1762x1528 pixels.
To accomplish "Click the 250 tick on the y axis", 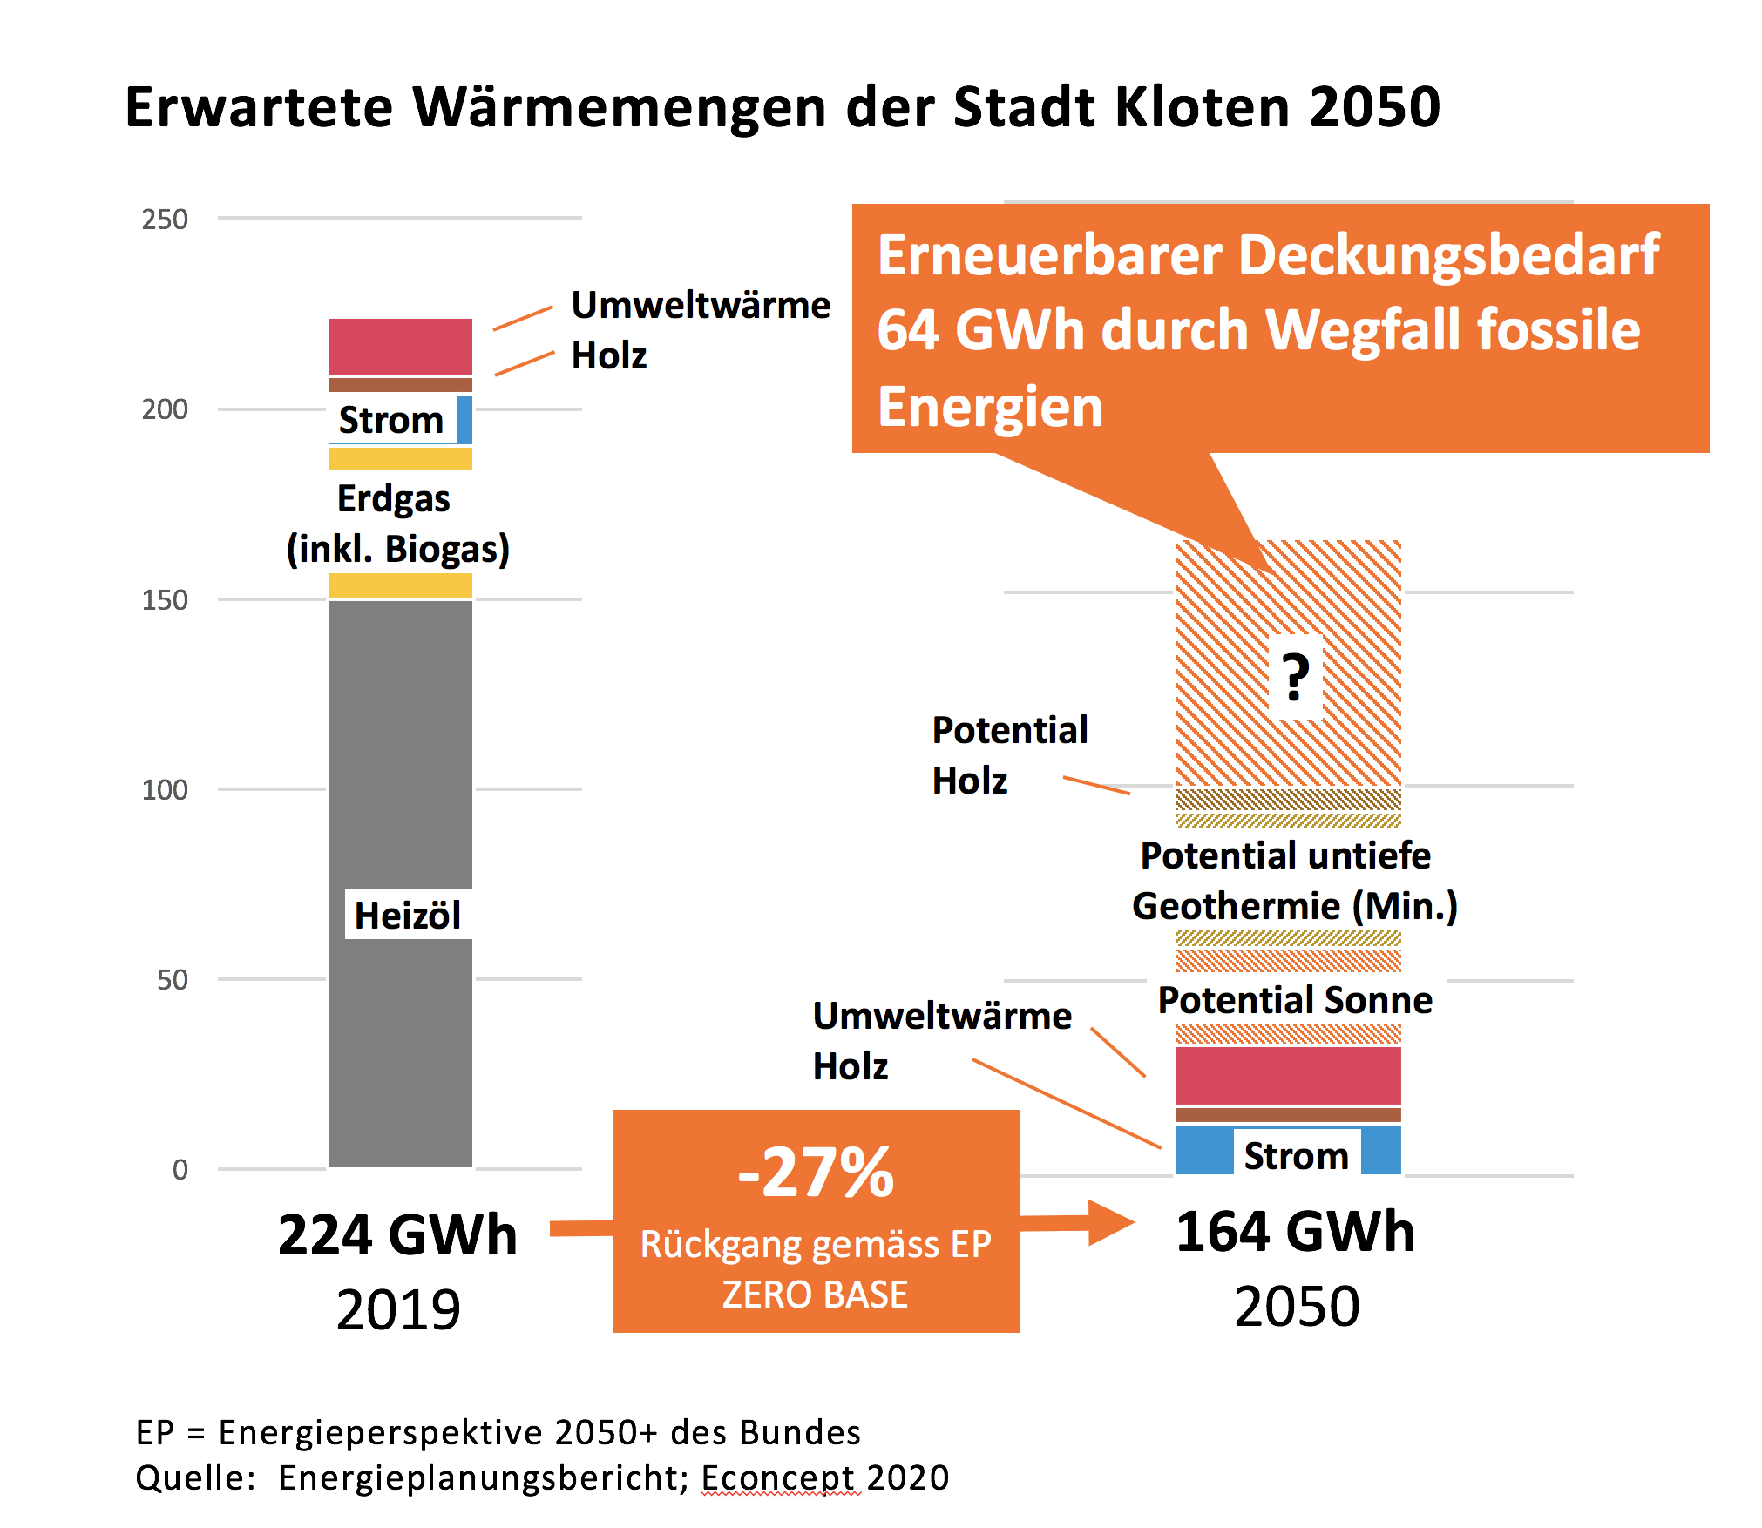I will click(x=165, y=220).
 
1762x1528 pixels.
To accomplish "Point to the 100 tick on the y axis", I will click(x=165, y=790).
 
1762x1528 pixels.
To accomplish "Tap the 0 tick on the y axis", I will click(x=180, y=1170).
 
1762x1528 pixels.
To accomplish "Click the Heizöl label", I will click(x=407, y=916).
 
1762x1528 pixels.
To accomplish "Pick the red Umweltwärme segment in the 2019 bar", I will click(x=401, y=347).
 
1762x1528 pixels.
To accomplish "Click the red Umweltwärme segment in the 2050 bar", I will click(x=1288, y=1076).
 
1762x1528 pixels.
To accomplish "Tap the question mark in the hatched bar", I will click(x=1295, y=678).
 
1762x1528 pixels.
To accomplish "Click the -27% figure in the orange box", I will click(x=816, y=1173).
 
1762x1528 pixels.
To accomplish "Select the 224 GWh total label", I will click(x=397, y=1235).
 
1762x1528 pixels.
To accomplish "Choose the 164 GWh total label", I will click(x=1295, y=1232).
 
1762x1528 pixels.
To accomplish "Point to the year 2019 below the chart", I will click(x=398, y=1309).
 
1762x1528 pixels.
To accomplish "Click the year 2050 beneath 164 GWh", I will click(x=1297, y=1306).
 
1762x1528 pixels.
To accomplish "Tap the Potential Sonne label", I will click(x=1295, y=1000).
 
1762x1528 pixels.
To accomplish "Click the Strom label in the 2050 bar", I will click(x=1296, y=1156).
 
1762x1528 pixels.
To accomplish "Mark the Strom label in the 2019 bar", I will click(x=391, y=420).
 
